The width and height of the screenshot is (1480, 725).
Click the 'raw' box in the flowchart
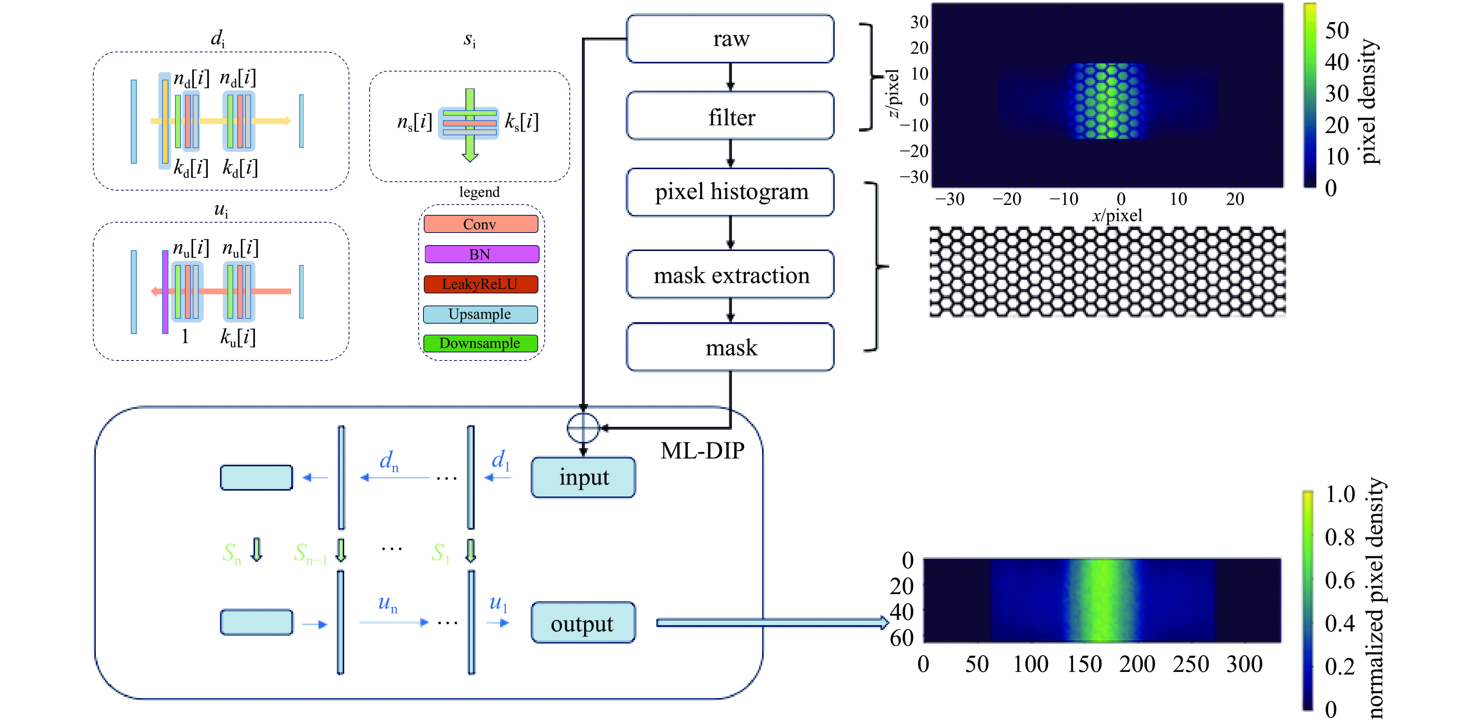(730, 38)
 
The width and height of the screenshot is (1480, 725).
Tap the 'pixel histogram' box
(730, 192)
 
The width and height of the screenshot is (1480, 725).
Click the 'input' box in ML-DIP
(583, 477)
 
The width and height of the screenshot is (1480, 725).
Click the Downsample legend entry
(480, 344)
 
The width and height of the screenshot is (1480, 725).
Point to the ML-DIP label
(702, 450)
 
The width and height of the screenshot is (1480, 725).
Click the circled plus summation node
(583, 428)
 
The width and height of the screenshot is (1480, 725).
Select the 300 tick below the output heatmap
(1245, 664)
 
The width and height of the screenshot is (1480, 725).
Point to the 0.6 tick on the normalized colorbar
(1340, 580)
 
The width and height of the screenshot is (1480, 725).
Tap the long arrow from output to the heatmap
(773, 623)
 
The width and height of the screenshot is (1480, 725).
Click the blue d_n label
(389, 461)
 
